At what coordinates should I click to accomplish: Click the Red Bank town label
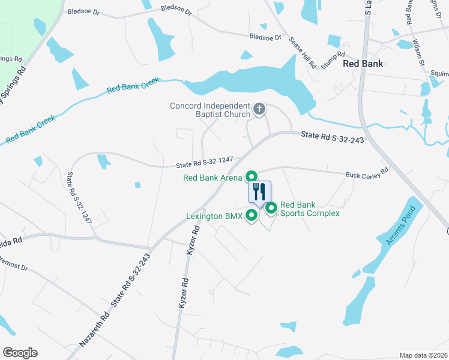(363, 63)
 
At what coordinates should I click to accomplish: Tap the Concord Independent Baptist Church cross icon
(259, 109)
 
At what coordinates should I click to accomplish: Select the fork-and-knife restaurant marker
(259, 192)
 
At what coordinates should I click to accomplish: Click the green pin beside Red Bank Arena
(252, 176)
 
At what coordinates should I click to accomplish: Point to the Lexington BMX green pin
(252, 214)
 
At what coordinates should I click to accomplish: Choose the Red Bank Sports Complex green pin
(271, 208)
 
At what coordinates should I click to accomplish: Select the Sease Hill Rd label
(303, 52)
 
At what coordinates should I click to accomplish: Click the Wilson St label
(418, 52)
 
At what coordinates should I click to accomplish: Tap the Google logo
(20, 352)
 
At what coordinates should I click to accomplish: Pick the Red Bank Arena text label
(212, 178)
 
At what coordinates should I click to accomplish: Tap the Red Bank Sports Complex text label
(310, 209)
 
